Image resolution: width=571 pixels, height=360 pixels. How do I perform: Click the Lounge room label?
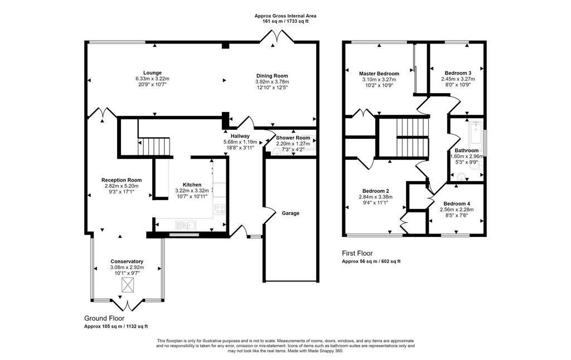(x=152, y=73)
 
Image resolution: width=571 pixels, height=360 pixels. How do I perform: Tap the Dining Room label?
(x=272, y=76)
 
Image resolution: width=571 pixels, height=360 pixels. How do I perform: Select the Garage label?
(x=291, y=213)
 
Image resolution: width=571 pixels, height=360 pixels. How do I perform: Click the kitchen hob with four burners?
(x=220, y=209)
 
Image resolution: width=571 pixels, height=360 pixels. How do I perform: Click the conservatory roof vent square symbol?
(x=128, y=285)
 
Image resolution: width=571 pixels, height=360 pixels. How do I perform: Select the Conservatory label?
(x=127, y=261)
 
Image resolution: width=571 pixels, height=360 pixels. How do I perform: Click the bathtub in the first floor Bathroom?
(x=475, y=133)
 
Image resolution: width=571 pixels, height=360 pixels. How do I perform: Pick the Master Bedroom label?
(x=379, y=74)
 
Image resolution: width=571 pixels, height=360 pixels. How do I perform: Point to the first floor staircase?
(x=411, y=138)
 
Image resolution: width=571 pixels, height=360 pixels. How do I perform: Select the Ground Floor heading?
(x=104, y=319)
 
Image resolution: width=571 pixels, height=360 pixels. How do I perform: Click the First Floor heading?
(x=357, y=254)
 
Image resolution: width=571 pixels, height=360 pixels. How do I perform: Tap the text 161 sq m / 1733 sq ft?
(x=285, y=22)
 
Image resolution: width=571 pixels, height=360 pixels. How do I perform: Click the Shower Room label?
(x=293, y=138)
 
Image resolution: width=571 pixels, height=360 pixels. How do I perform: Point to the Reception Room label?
(x=122, y=180)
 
